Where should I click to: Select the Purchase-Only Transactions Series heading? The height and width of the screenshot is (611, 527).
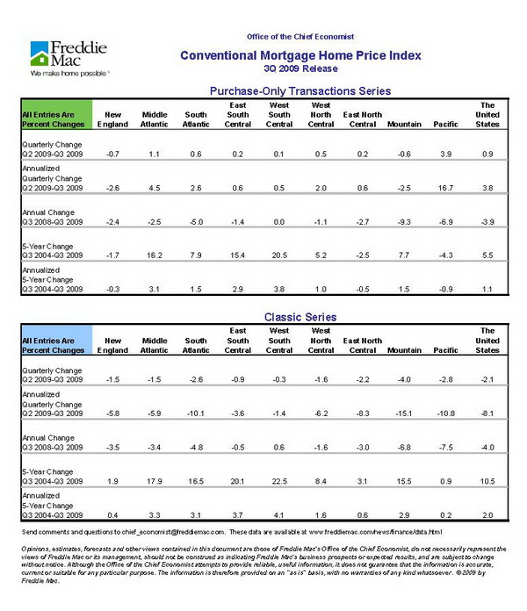pos(300,90)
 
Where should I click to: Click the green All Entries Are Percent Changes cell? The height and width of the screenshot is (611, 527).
pos(55,121)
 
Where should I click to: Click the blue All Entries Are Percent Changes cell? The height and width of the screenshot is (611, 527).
pos(55,343)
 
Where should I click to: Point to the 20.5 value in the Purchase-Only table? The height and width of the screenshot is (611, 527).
pos(279,254)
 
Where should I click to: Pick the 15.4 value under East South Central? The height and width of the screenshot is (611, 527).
pos(237,254)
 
